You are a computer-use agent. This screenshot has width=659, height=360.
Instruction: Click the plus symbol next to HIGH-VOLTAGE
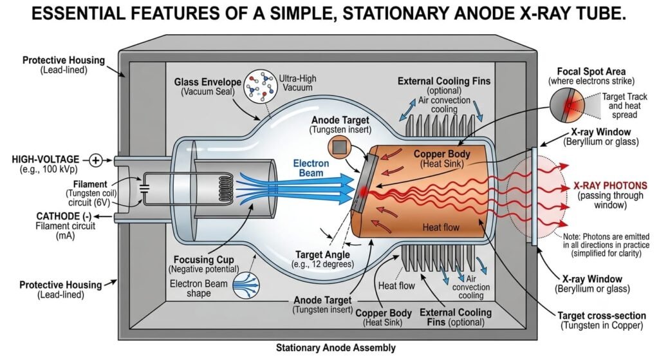[x=97, y=160]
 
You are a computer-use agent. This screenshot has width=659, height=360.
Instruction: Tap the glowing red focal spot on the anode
[x=363, y=192]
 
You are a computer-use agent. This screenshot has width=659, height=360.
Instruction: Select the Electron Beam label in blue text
[x=311, y=168]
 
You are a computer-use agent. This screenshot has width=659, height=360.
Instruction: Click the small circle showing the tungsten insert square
[x=340, y=147]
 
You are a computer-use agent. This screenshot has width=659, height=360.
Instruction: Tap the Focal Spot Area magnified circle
[x=567, y=105]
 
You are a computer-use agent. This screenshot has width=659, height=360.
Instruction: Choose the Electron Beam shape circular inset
[x=246, y=285]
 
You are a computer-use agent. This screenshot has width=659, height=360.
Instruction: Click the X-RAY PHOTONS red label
[x=610, y=185]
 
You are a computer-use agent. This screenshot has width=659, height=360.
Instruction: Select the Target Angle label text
[x=322, y=254]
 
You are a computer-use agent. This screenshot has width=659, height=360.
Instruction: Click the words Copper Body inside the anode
[x=441, y=154]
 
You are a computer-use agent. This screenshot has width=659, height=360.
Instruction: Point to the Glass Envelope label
[x=208, y=82]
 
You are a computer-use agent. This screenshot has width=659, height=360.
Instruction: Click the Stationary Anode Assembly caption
[x=336, y=348]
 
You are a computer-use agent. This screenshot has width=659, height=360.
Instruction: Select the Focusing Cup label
[x=204, y=260]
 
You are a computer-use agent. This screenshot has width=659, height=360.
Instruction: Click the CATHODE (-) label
[x=64, y=216]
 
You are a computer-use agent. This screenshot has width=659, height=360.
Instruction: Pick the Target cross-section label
[x=602, y=316]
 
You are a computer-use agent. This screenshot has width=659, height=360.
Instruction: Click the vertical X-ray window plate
[x=534, y=196]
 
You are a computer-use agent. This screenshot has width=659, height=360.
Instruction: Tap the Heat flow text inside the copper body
[x=441, y=227]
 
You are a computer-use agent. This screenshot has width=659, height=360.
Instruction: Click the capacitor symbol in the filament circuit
[x=145, y=188]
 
